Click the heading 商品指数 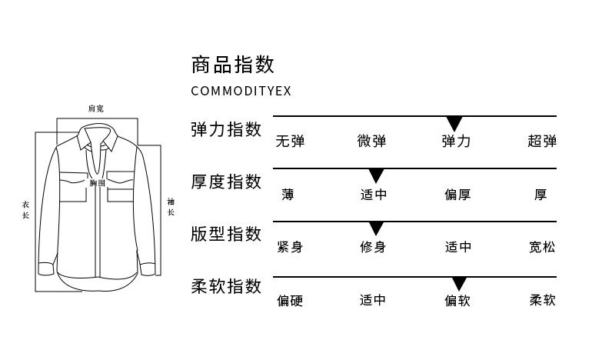coord(232,64)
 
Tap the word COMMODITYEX coord(241,91)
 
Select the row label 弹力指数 coord(226,129)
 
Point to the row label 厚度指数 coord(226,182)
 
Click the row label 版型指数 coord(226,234)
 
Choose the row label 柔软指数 coord(226,287)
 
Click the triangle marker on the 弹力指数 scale coord(454,123)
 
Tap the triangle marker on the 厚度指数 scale coord(376,175)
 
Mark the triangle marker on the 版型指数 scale coord(376,228)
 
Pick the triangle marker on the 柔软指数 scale coord(459,283)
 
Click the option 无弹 coord(290,142)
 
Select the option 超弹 coord(542,142)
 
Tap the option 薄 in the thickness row coord(288,195)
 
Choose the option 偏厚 coord(457,195)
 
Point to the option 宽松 coord(542,247)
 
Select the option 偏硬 coord(290,300)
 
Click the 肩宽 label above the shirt coord(96,108)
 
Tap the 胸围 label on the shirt coord(97,183)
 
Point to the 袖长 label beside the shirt coord(171,207)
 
